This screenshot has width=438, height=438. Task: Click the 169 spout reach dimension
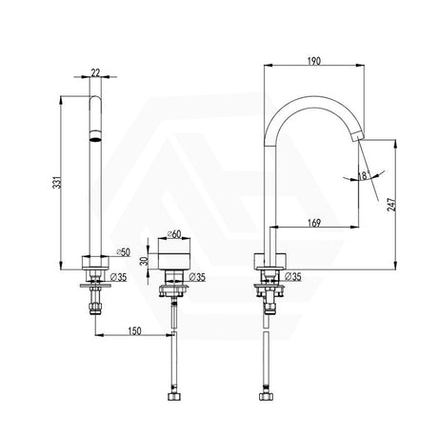tap(314, 224)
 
